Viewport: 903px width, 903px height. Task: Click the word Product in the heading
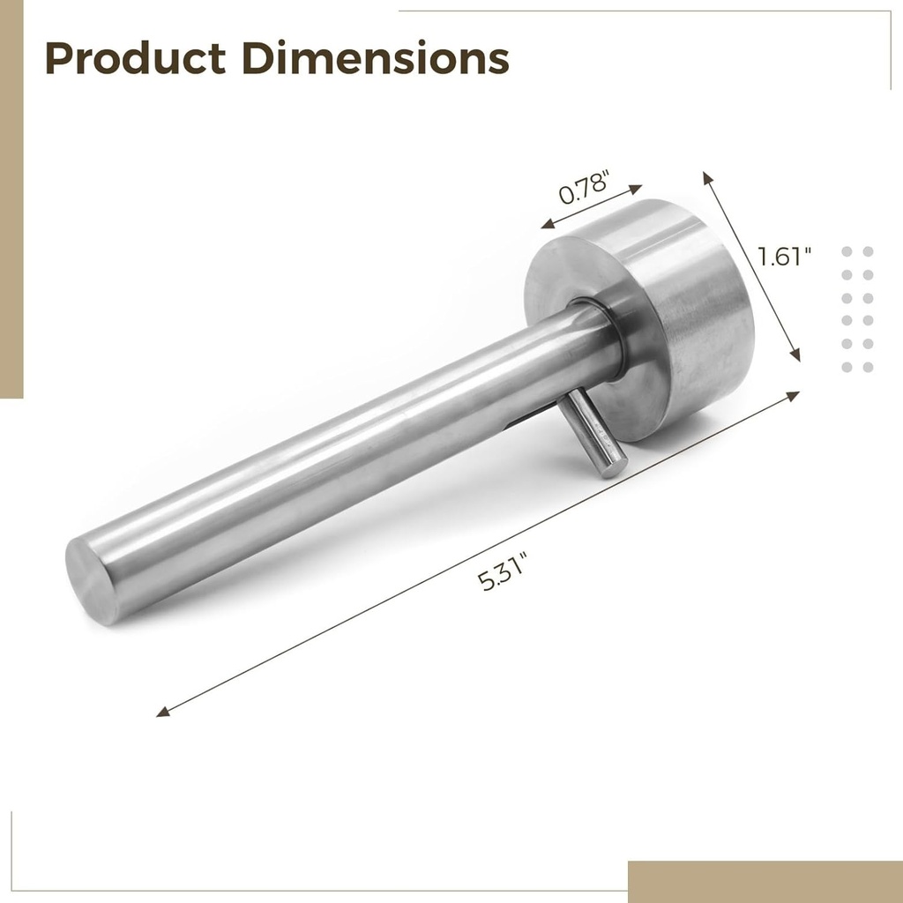coord(136,58)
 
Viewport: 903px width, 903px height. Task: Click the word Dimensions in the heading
coord(375,58)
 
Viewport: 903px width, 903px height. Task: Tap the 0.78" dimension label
coord(585,188)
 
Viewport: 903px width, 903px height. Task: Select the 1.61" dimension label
coord(784,257)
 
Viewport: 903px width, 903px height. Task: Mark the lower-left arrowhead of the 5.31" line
coord(162,712)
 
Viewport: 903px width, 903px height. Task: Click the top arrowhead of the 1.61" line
coord(706,176)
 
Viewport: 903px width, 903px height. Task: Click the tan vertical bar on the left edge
coord(11,198)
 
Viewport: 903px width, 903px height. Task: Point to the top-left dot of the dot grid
coord(847,251)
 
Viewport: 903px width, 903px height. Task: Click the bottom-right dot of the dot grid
coord(868,367)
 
